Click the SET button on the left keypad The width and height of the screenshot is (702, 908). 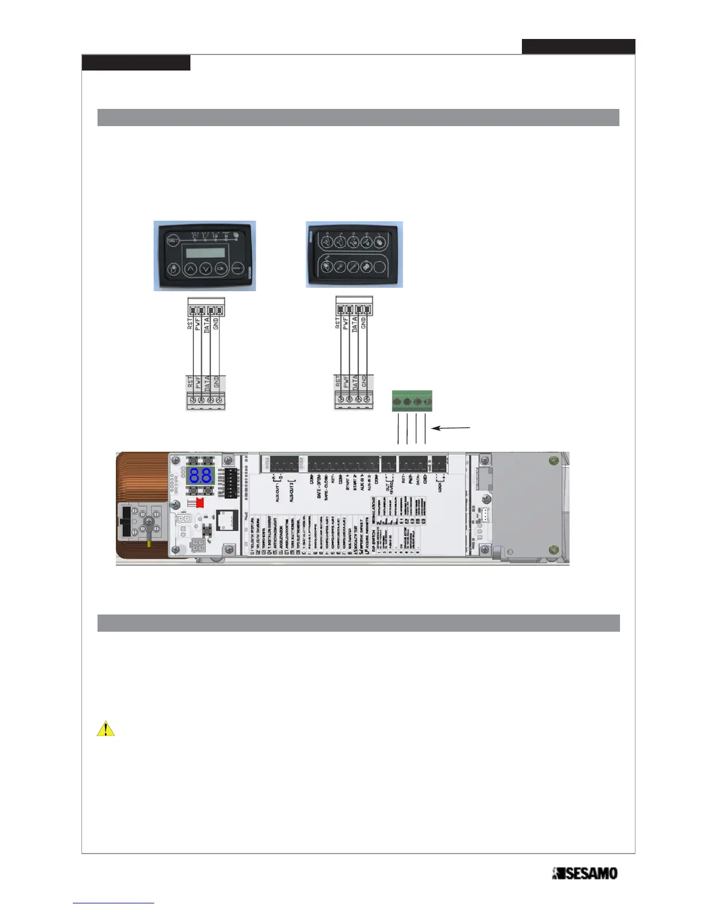(173, 241)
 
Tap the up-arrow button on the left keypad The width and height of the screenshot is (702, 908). (190, 269)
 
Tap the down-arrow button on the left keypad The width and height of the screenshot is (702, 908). (206, 269)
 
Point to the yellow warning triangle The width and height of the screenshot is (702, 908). (106, 729)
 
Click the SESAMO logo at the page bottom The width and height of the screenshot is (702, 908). (584, 874)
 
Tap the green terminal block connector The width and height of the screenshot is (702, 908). (412, 401)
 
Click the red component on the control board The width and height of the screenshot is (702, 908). (200, 503)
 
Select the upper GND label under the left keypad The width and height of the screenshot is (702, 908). (216, 323)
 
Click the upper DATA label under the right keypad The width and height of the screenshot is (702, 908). (354, 324)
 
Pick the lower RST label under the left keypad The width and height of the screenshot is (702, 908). (190, 382)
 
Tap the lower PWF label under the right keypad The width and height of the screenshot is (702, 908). (346, 382)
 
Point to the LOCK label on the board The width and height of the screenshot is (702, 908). (440, 487)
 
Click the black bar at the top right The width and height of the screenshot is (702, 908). (578, 46)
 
